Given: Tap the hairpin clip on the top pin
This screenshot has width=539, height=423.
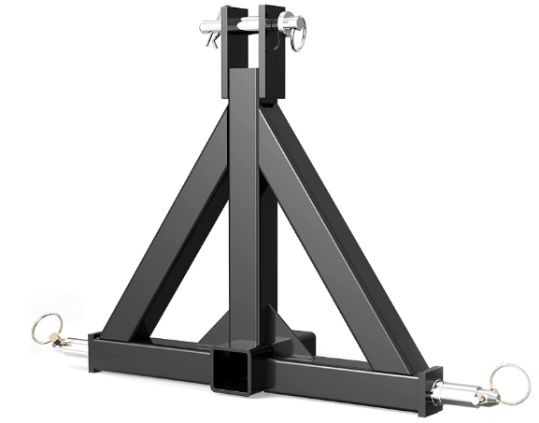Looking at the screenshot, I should [213, 37].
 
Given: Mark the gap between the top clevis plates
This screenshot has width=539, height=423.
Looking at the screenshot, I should [251, 47].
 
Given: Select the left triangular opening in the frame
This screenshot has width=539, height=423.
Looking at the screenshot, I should [201, 280].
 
